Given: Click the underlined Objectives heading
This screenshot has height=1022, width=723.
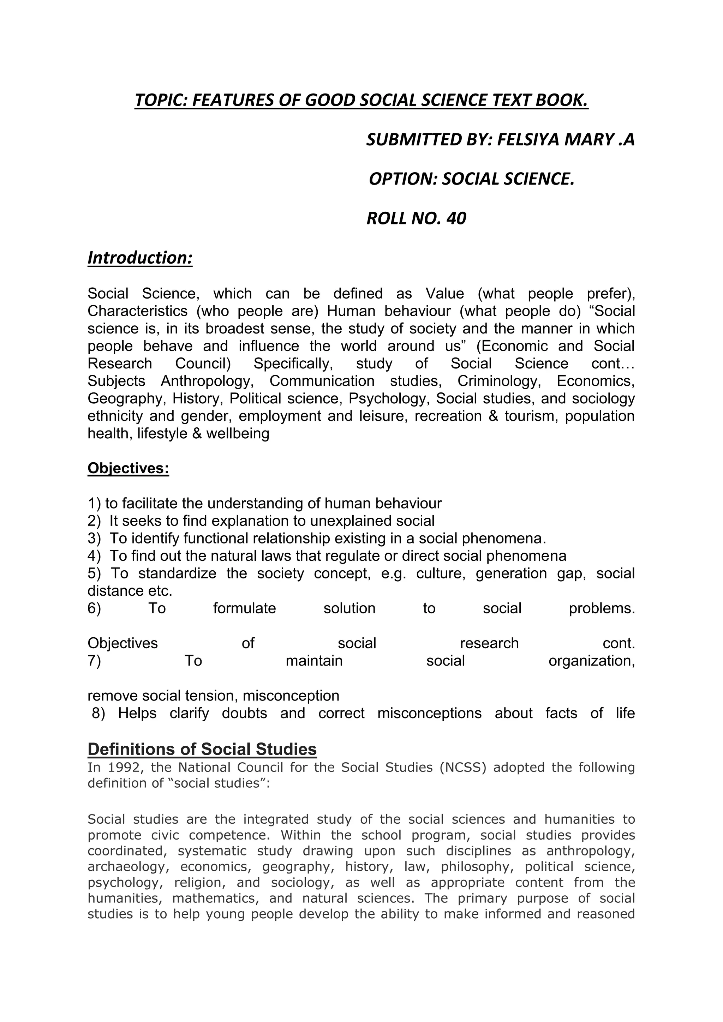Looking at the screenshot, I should coord(128,468).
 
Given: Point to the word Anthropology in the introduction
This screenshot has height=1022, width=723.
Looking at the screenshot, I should coord(207,381).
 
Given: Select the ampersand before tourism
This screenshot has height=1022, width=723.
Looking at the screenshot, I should coord(493,416).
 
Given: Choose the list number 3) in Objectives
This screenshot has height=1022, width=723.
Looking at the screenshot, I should coord(94,538).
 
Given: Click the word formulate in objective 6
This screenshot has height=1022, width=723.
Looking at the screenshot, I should coord(244,608).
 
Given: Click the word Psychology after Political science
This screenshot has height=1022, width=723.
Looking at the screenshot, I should coord(387,398).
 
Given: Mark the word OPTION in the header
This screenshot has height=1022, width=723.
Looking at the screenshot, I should coord(402,179).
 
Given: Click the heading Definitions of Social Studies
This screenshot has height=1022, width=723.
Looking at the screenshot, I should coord(202,749).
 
